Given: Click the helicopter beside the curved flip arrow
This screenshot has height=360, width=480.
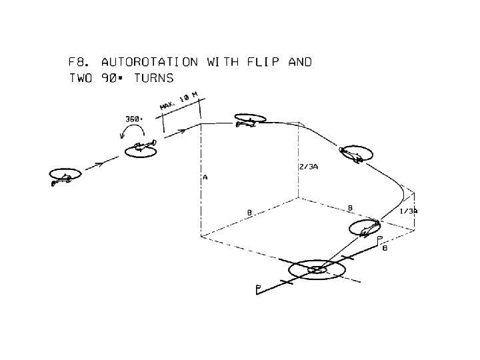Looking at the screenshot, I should pos(142,147).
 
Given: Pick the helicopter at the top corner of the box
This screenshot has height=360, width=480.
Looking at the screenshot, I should pos(248,121).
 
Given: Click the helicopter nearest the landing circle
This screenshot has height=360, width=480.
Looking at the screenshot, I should pos(366,229).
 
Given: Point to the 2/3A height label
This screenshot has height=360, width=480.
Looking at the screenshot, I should pos(308,167).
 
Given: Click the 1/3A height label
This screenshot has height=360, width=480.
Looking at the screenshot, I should pos(409,211).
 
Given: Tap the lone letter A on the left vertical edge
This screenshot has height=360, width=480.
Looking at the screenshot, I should pos(205,178).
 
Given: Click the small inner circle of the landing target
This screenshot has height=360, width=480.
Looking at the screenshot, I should pos(317,269).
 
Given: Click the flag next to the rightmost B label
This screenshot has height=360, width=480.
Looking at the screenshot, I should pos(379,238).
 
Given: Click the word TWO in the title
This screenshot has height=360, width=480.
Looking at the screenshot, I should pos(81,78).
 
